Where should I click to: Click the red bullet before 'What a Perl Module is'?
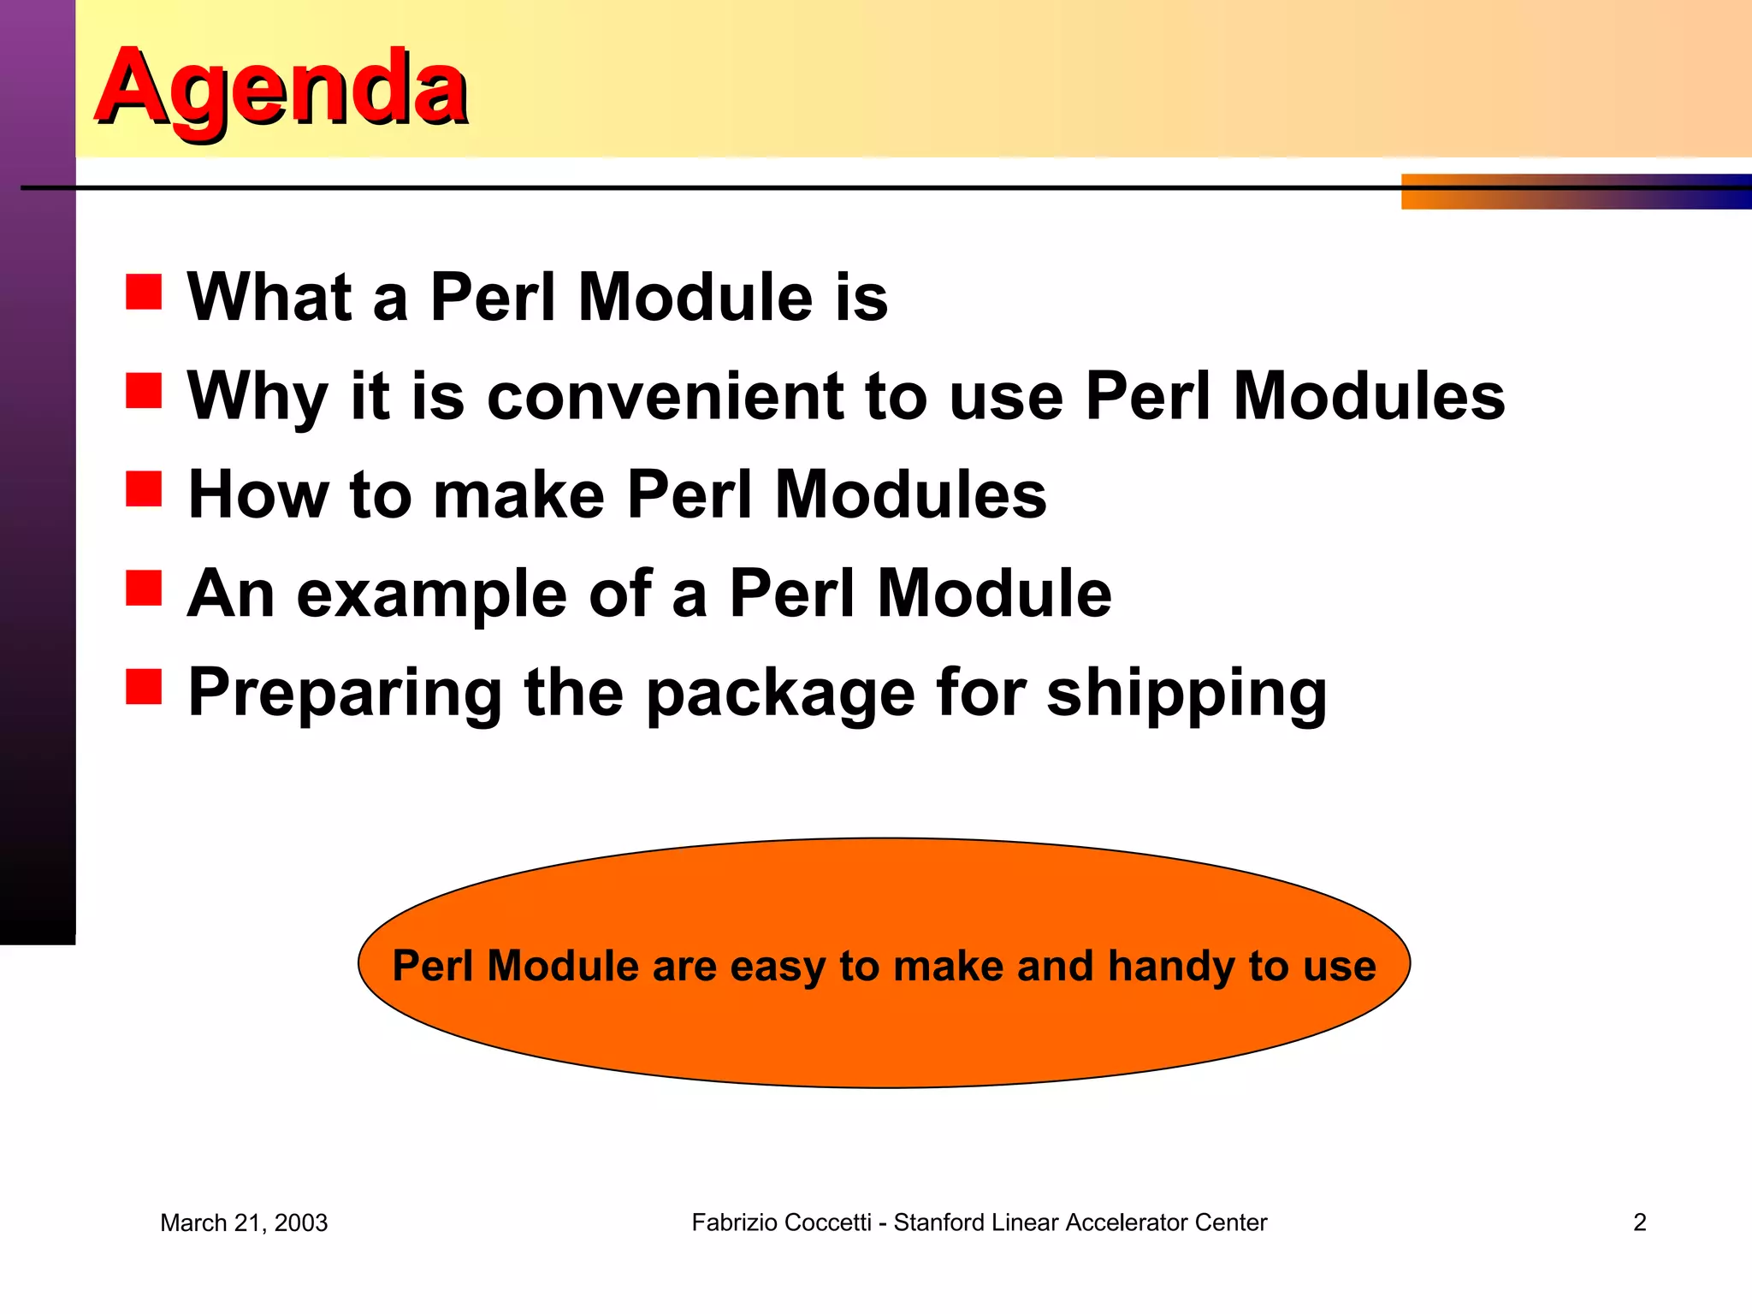tap(144, 292)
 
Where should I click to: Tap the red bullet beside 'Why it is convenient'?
tap(144, 391)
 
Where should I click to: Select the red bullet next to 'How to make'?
tap(144, 489)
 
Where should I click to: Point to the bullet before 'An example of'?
tap(144, 589)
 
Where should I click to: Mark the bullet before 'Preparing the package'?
tap(144, 687)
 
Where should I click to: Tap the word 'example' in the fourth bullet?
tap(431, 595)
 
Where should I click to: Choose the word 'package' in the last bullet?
tap(780, 694)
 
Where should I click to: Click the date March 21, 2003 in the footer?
tap(244, 1223)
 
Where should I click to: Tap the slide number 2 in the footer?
tap(1639, 1222)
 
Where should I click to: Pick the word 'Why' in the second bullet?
tap(257, 397)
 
